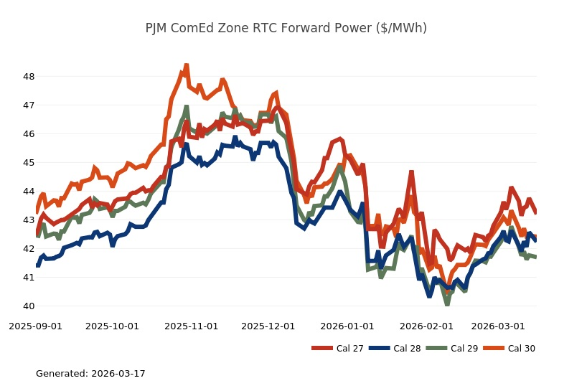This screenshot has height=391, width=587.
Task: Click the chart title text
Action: pyautogui.click(x=286, y=29)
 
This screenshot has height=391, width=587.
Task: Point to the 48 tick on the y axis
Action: pyautogui.click(x=29, y=77)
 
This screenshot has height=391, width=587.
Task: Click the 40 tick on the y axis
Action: pyautogui.click(x=29, y=306)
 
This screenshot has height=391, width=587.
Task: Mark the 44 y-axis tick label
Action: pyautogui.click(x=29, y=192)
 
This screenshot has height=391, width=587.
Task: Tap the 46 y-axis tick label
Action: pyautogui.click(x=29, y=134)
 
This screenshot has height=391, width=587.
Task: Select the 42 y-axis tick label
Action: pyautogui.click(x=29, y=249)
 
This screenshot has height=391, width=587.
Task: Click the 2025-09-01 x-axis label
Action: pyautogui.click(x=35, y=326)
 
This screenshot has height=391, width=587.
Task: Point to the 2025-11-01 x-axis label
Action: pyautogui.click(x=191, y=326)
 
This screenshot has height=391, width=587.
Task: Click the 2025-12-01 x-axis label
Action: pyautogui.click(x=268, y=326)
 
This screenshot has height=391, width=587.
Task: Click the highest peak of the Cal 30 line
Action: pyautogui.click(x=186, y=65)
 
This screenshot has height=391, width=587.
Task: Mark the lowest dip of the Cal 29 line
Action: pyautogui.click(x=447, y=304)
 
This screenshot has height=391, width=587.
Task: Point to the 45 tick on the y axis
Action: pyautogui.click(x=29, y=163)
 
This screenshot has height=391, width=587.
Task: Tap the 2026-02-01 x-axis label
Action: pyautogui.click(x=426, y=326)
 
